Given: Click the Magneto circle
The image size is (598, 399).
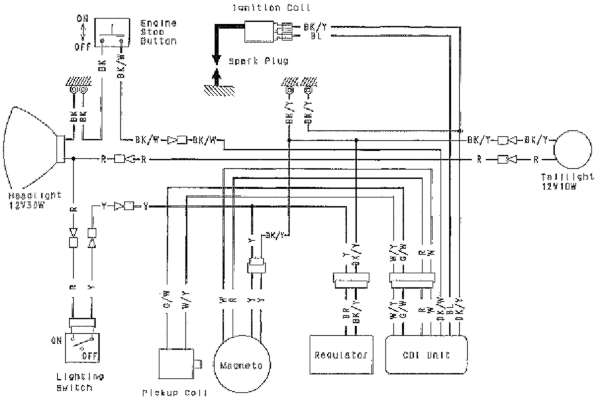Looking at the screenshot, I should pyautogui.click(x=241, y=365).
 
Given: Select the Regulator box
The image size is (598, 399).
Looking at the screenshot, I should pyautogui.click(x=340, y=355).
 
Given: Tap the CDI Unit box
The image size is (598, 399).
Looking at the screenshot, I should pyautogui.click(x=427, y=355).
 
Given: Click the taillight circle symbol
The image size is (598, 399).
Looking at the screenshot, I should pyautogui.click(x=572, y=151).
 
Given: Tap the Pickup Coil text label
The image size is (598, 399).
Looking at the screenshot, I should pyautogui.click(x=175, y=392).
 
